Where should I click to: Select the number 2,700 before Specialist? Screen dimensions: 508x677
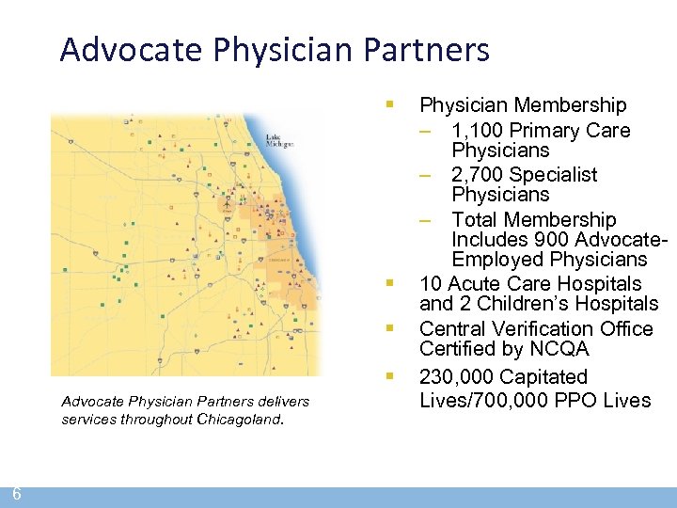(477, 174)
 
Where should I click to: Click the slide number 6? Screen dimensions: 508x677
(17, 494)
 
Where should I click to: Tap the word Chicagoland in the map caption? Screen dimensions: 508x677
(239, 420)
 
